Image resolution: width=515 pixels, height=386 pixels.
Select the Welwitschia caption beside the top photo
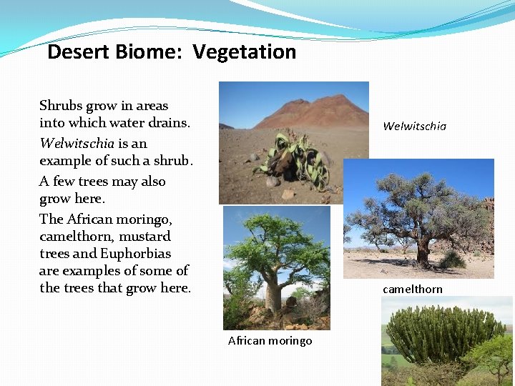pyautogui.click(x=414, y=127)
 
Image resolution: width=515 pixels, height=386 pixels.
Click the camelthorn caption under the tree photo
pyautogui.click(x=412, y=289)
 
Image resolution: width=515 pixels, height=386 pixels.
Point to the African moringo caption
pyautogui.click(x=270, y=341)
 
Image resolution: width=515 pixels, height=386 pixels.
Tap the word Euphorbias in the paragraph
pyautogui.click(x=136, y=254)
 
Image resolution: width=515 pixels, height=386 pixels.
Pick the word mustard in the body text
pyautogui.click(x=144, y=236)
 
